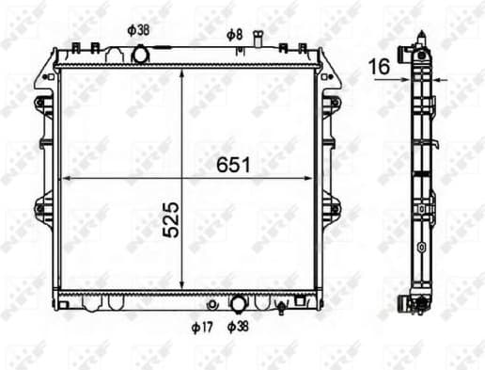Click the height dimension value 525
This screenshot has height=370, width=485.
[x=170, y=218]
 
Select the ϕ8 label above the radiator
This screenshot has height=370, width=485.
[x=234, y=35]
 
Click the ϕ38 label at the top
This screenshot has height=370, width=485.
[x=138, y=28]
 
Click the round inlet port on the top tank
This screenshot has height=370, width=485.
[x=141, y=55]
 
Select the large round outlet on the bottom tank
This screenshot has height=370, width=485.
[x=238, y=303]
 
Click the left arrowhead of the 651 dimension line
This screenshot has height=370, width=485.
[x=64, y=177]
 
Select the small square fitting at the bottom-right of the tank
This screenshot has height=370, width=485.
[x=300, y=302]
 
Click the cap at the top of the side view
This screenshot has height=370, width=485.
[x=419, y=43]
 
